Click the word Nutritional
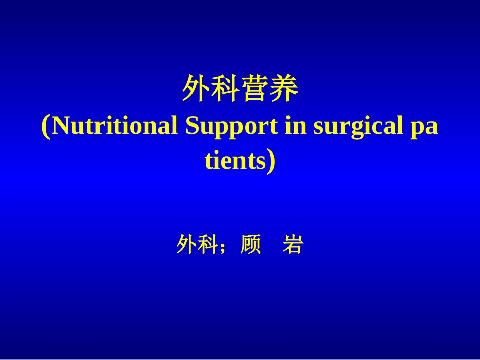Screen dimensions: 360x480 click(115, 126)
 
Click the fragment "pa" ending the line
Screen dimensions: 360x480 click(424, 128)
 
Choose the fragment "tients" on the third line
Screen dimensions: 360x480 click(234, 161)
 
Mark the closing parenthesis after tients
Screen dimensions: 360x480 click(271, 161)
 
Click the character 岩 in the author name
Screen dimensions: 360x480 click(292, 245)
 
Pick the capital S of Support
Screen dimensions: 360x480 click(193, 126)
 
